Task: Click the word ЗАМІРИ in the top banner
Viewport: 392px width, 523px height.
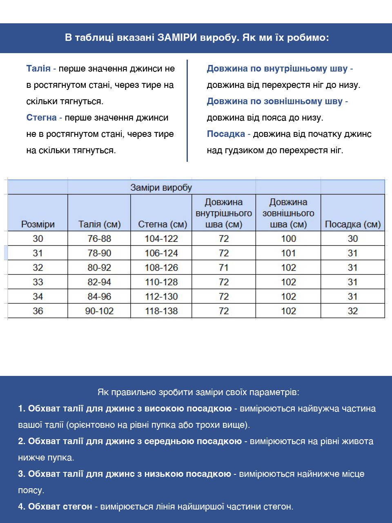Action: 177,38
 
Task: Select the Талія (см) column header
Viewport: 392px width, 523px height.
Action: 99,224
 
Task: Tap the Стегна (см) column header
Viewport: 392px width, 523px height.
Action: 162,224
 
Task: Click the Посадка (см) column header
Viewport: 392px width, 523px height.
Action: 352,224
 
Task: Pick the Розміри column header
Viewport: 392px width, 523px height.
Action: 38,224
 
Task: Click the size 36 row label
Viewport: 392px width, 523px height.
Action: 38,311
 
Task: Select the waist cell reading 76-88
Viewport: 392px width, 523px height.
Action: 99,239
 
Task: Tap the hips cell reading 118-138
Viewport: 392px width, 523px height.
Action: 161,311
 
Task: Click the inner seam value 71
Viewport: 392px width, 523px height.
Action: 223,268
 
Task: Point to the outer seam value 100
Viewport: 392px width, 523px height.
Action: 288,239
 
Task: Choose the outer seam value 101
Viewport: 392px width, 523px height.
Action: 288,253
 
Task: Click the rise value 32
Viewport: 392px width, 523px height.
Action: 352,311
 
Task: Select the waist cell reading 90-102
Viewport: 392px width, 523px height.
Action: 99,311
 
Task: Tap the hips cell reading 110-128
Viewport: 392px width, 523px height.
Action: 161,282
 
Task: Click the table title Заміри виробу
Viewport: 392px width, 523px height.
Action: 161,188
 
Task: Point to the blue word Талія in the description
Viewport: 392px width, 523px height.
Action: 38,69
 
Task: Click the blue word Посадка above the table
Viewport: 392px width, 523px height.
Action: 226,134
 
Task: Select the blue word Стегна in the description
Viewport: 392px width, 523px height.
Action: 41,118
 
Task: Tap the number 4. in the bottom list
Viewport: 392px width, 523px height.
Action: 22,507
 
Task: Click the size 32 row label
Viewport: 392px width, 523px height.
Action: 38,268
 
